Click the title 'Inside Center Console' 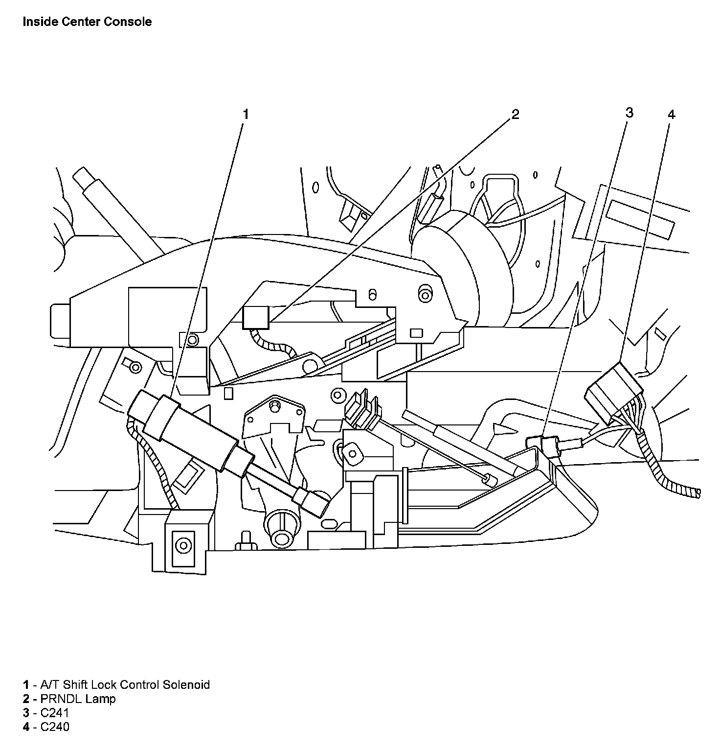tap(87, 22)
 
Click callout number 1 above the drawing tap(246, 115)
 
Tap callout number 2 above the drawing tap(515, 115)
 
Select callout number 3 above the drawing tap(629, 113)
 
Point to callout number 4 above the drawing tap(671, 115)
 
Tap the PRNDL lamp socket tap(256, 317)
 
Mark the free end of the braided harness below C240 tap(697, 492)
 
